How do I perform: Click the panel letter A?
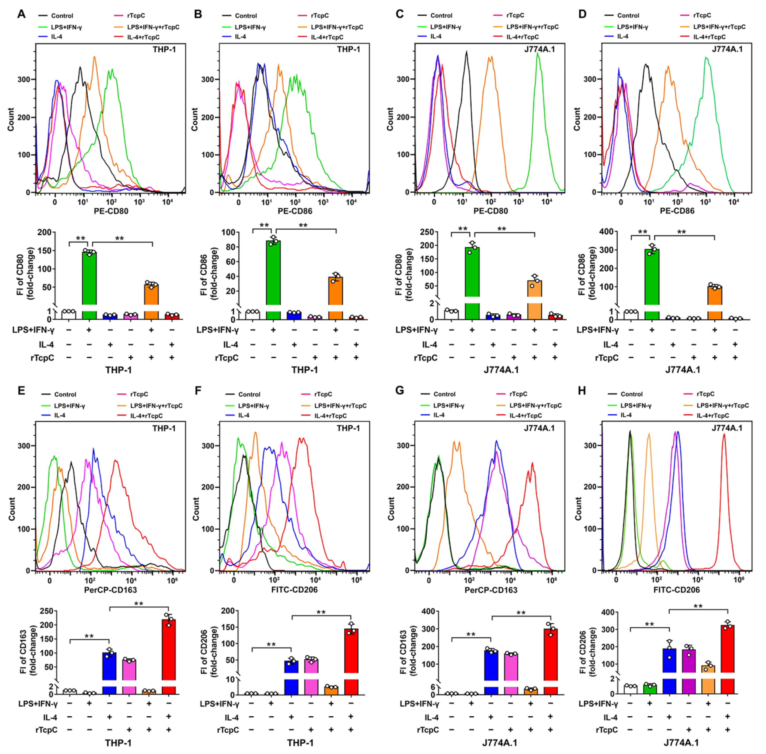21,14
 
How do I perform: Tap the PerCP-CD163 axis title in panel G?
491,590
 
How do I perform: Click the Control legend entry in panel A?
62,16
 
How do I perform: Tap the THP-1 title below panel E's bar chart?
118,743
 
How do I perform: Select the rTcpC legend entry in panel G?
518,394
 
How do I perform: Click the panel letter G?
399,391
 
